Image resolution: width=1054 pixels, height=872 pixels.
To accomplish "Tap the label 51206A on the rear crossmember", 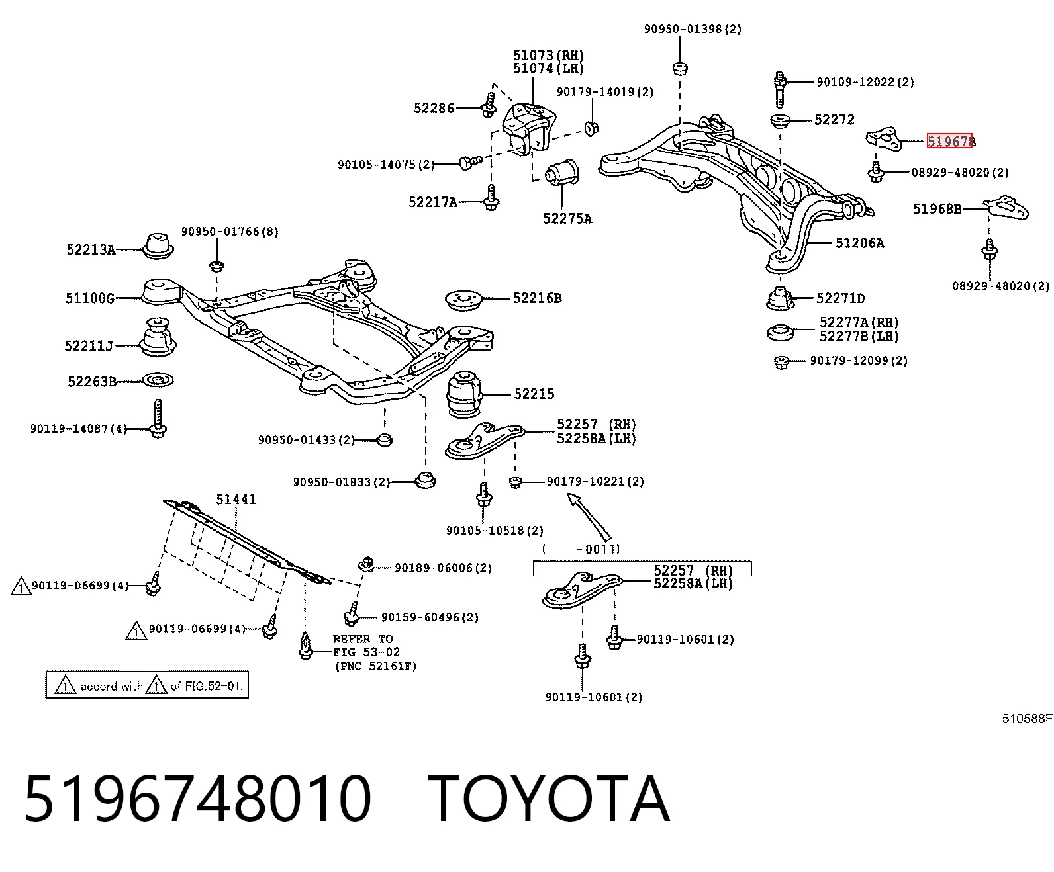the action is (859, 243).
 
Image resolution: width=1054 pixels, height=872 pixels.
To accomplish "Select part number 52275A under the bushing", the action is (567, 218).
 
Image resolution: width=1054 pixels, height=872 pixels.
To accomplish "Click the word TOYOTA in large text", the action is (549, 799).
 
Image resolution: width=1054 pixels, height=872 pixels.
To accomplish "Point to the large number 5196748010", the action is (198, 799).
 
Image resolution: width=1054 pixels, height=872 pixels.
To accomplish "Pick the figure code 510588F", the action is (1027, 719).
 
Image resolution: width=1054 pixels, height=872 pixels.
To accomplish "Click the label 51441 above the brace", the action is (236, 499).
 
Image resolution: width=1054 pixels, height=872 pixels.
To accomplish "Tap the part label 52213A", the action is (91, 250).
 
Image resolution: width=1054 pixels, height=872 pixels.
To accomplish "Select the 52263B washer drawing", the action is (158, 380).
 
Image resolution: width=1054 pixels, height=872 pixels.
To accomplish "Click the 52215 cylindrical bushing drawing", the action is (464, 394).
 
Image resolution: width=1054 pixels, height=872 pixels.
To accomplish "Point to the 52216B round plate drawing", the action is (464, 300).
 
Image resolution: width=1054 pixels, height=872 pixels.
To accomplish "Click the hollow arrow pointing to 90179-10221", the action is (589, 517).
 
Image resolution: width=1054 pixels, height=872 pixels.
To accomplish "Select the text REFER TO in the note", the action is (362, 639).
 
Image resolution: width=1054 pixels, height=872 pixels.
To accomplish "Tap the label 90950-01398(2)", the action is (693, 29).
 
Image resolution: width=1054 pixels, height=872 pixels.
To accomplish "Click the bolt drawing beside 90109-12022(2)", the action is (781, 89).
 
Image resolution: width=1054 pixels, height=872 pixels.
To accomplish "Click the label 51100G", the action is (90, 298).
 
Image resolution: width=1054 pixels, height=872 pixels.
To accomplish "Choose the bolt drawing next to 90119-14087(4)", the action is (158, 418).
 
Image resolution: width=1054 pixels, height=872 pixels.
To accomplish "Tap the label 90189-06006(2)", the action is (443, 568).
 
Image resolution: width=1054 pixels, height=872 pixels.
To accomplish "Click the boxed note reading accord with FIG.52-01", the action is (147, 685).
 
